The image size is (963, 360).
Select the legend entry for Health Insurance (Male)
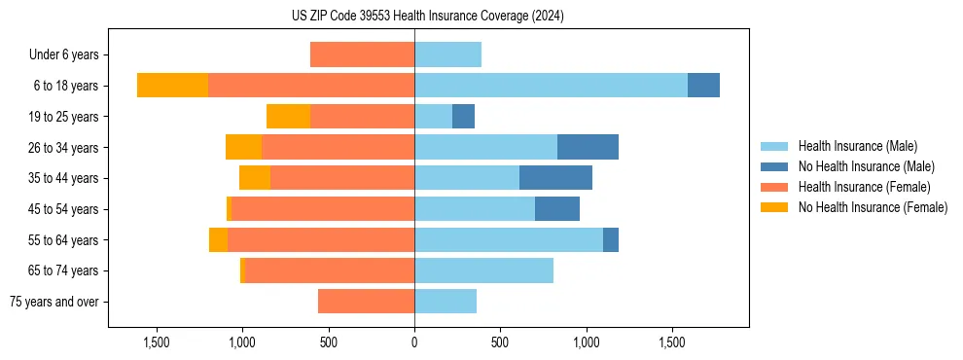[857, 146]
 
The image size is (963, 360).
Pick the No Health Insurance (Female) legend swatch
[775, 207]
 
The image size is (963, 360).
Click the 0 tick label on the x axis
[414, 342]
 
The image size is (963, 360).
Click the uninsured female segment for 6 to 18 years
[172, 86]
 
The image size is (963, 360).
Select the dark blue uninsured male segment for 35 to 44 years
[555, 178]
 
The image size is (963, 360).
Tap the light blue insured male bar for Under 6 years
[447, 55]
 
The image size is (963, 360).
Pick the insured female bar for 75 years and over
[366, 302]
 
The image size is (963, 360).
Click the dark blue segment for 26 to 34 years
[588, 147]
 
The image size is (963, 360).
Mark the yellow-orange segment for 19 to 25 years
[288, 117]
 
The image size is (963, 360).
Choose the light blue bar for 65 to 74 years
[483, 270]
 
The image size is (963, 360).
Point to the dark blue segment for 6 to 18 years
[703, 86]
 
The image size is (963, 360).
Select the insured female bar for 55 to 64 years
[321, 239]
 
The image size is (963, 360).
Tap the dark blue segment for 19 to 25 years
[463, 117]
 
